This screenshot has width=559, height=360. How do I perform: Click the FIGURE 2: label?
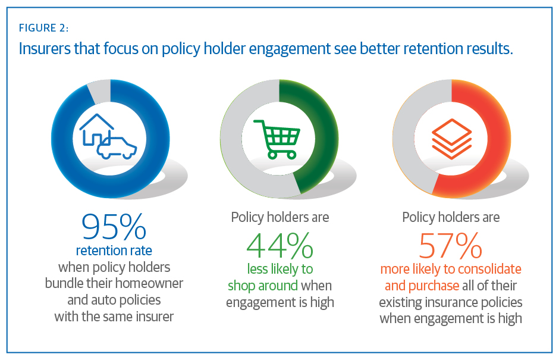click(44, 28)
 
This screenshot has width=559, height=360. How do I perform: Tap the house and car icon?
click(108, 136)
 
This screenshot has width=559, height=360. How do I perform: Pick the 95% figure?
click(114, 227)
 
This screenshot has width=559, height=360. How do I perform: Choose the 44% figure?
click(279, 245)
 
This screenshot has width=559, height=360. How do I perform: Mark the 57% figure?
click(450, 245)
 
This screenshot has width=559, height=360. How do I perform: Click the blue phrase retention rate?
click(114, 250)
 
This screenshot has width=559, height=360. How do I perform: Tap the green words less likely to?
click(279, 269)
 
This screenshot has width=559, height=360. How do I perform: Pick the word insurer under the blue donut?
click(153, 316)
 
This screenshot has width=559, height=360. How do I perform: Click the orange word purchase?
click(433, 286)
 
